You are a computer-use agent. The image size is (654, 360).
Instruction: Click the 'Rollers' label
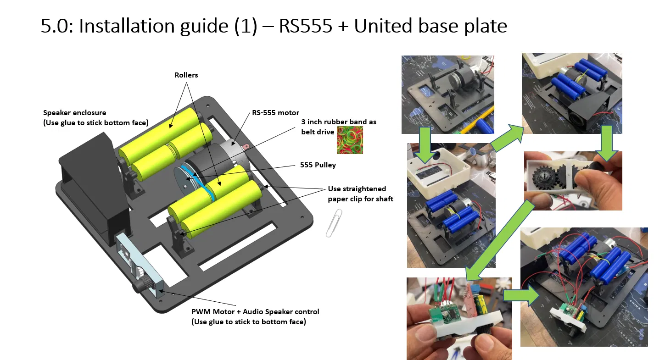pos(186,75)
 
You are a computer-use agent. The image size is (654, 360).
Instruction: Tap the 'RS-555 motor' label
pos(275,112)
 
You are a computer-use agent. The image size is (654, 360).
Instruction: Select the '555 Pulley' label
pos(318,165)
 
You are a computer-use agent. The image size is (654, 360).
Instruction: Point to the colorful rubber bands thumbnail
pos(350,140)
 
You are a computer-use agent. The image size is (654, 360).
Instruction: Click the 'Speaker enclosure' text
pos(74,112)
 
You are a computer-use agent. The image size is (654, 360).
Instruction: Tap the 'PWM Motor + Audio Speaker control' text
pos(255,312)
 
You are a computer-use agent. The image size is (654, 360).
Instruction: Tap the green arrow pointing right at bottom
pos(520,294)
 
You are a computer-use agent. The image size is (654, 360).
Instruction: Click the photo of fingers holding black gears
pos(573,181)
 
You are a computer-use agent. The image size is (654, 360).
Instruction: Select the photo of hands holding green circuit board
pos(459,318)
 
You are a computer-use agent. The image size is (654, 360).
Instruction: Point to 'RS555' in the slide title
pos(305,26)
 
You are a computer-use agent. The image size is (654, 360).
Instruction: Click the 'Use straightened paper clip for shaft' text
pos(360,194)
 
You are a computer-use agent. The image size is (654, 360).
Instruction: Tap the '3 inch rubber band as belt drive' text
pos(338,127)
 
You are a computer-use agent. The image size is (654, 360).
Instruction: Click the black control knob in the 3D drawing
pos(139,286)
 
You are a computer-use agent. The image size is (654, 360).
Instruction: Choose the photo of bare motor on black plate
pos(448,94)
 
